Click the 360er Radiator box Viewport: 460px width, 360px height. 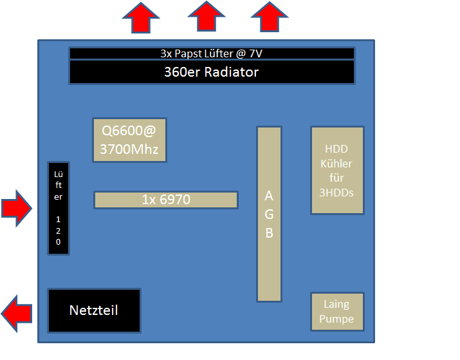[212, 71]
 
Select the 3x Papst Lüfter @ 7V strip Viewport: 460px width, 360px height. [212, 53]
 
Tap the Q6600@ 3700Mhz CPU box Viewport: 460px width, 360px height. [129, 140]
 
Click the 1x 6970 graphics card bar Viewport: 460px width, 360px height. [166, 200]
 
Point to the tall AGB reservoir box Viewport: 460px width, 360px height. [269, 214]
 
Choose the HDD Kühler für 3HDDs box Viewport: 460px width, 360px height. [337, 170]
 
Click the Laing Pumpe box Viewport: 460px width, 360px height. [337, 312]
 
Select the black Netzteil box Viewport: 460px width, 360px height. [94, 310]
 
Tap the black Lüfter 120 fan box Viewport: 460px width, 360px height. [58, 207]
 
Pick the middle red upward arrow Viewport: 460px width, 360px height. [206, 16]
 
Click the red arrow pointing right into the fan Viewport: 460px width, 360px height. [16, 208]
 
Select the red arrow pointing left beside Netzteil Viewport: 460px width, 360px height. [17, 313]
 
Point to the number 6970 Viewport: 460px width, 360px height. [174, 200]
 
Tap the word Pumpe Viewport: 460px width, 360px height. [336, 319]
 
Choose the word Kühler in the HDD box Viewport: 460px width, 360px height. [337, 164]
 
